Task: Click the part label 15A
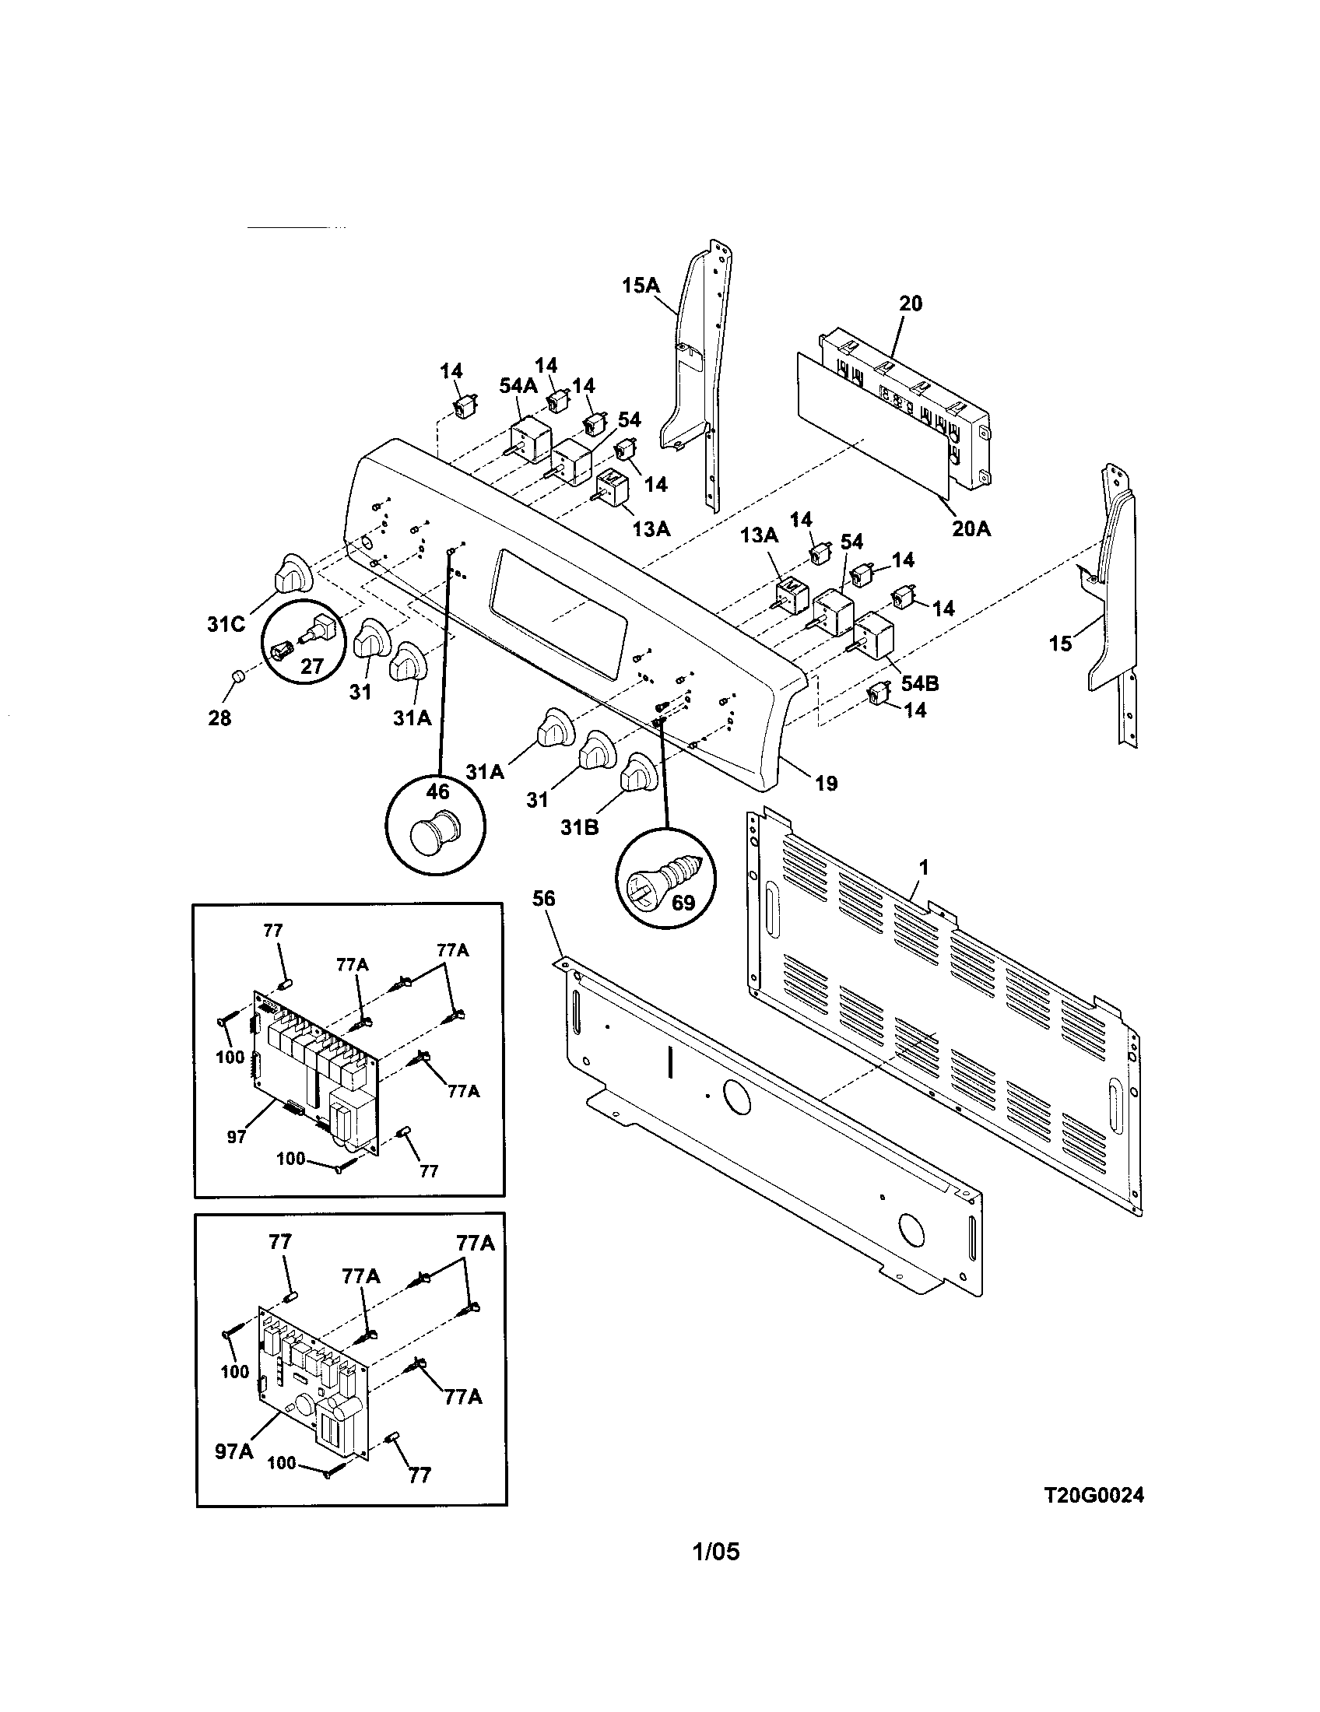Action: [641, 286]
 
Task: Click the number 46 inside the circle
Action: [437, 792]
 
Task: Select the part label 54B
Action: [919, 682]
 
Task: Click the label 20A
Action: [971, 529]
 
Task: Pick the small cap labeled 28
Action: [237, 676]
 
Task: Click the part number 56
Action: [543, 898]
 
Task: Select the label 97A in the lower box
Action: [234, 1452]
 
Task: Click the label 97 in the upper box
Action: [237, 1137]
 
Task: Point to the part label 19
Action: [827, 782]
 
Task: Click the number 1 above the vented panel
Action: [923, 867]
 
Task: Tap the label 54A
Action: [518, 386]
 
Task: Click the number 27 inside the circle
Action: [312, 666]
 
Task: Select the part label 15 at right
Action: [1060, 644]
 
